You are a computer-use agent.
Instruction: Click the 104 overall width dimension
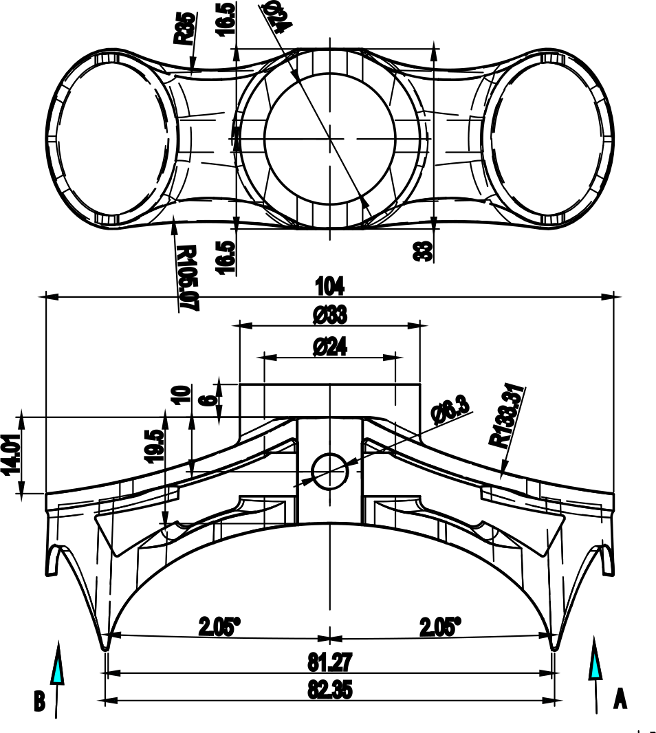(x=329, y=285)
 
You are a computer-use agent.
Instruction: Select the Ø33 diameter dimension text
(x=329, y=316)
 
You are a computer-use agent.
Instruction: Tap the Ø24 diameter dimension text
(x=329, y=347)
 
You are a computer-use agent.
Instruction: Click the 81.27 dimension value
(x=329, y=663)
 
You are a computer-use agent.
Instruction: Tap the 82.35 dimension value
(x=329, y=690)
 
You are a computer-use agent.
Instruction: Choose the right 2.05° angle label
(x=439, y=627)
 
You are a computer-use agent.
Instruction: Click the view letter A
(x=620, y=699)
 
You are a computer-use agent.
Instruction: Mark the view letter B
(x=40, y=702)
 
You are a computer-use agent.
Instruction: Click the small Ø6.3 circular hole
(x=330, y=470)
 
